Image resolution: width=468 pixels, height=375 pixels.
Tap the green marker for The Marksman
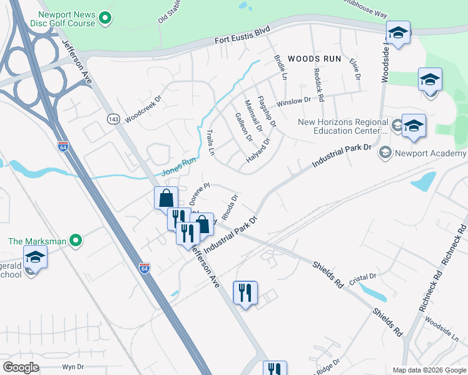point(76,240)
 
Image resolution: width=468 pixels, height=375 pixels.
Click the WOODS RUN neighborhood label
point(315,59)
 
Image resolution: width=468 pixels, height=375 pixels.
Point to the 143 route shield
point(113,119)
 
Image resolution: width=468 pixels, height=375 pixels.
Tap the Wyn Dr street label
point(73,367)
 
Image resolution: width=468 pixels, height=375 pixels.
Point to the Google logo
point(21,367)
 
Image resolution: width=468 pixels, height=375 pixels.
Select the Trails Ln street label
point(211,143)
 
